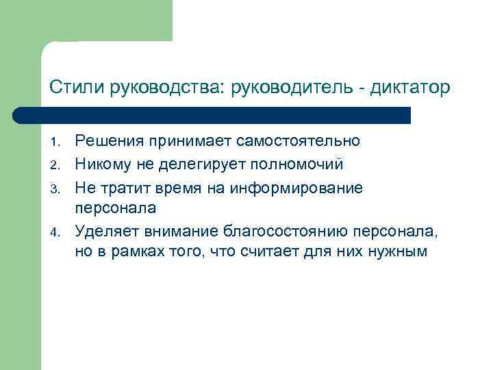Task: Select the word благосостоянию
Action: pyautogui.click(x=281, y=230)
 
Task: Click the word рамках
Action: pyautogui.click(x=129, y=251)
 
